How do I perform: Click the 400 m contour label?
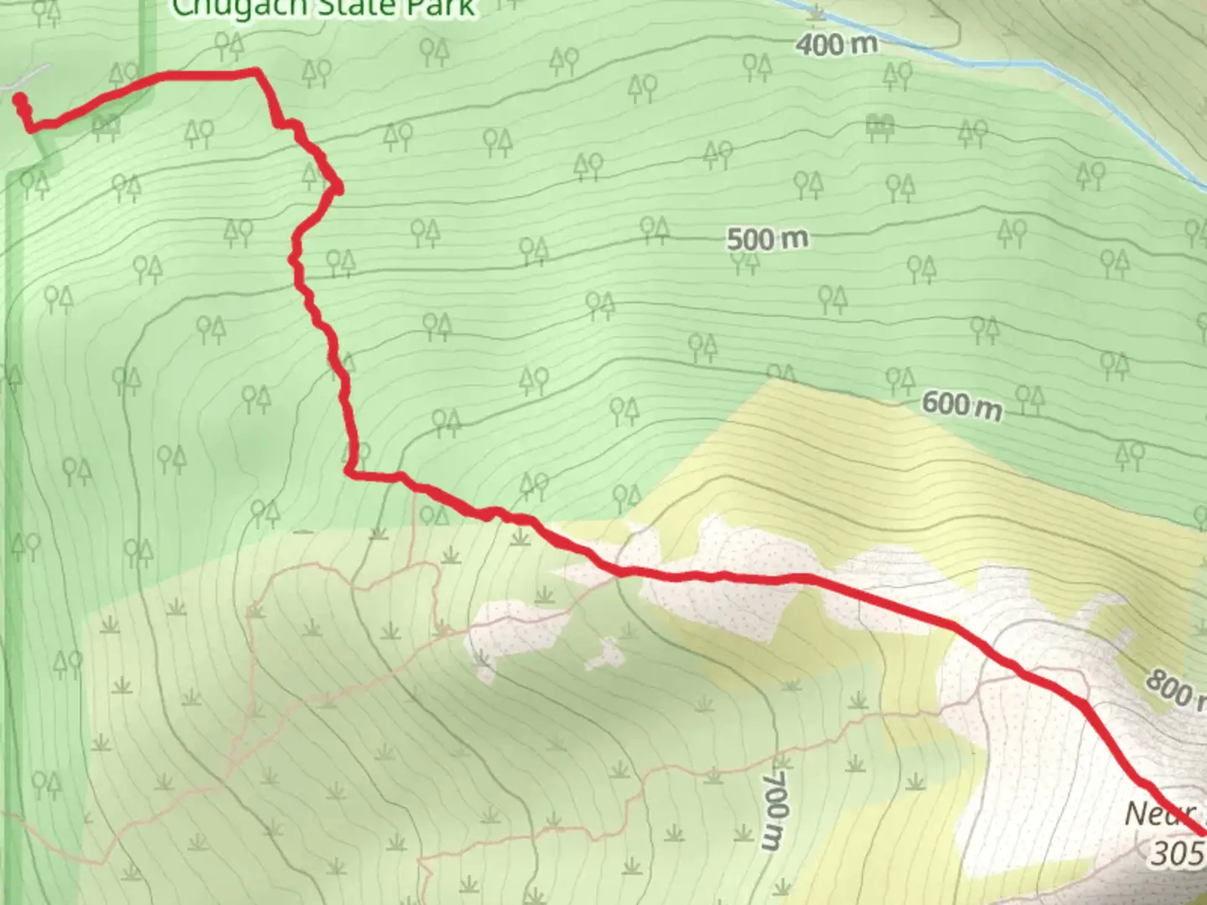pos(836,44)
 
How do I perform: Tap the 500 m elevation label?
pos(767,239)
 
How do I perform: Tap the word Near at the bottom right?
pos(1161,814)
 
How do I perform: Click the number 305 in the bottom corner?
pos(1178,853)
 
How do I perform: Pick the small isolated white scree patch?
pos(605,654)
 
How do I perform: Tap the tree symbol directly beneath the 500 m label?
pos(744,263)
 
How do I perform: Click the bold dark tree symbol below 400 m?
pos(879,127)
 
